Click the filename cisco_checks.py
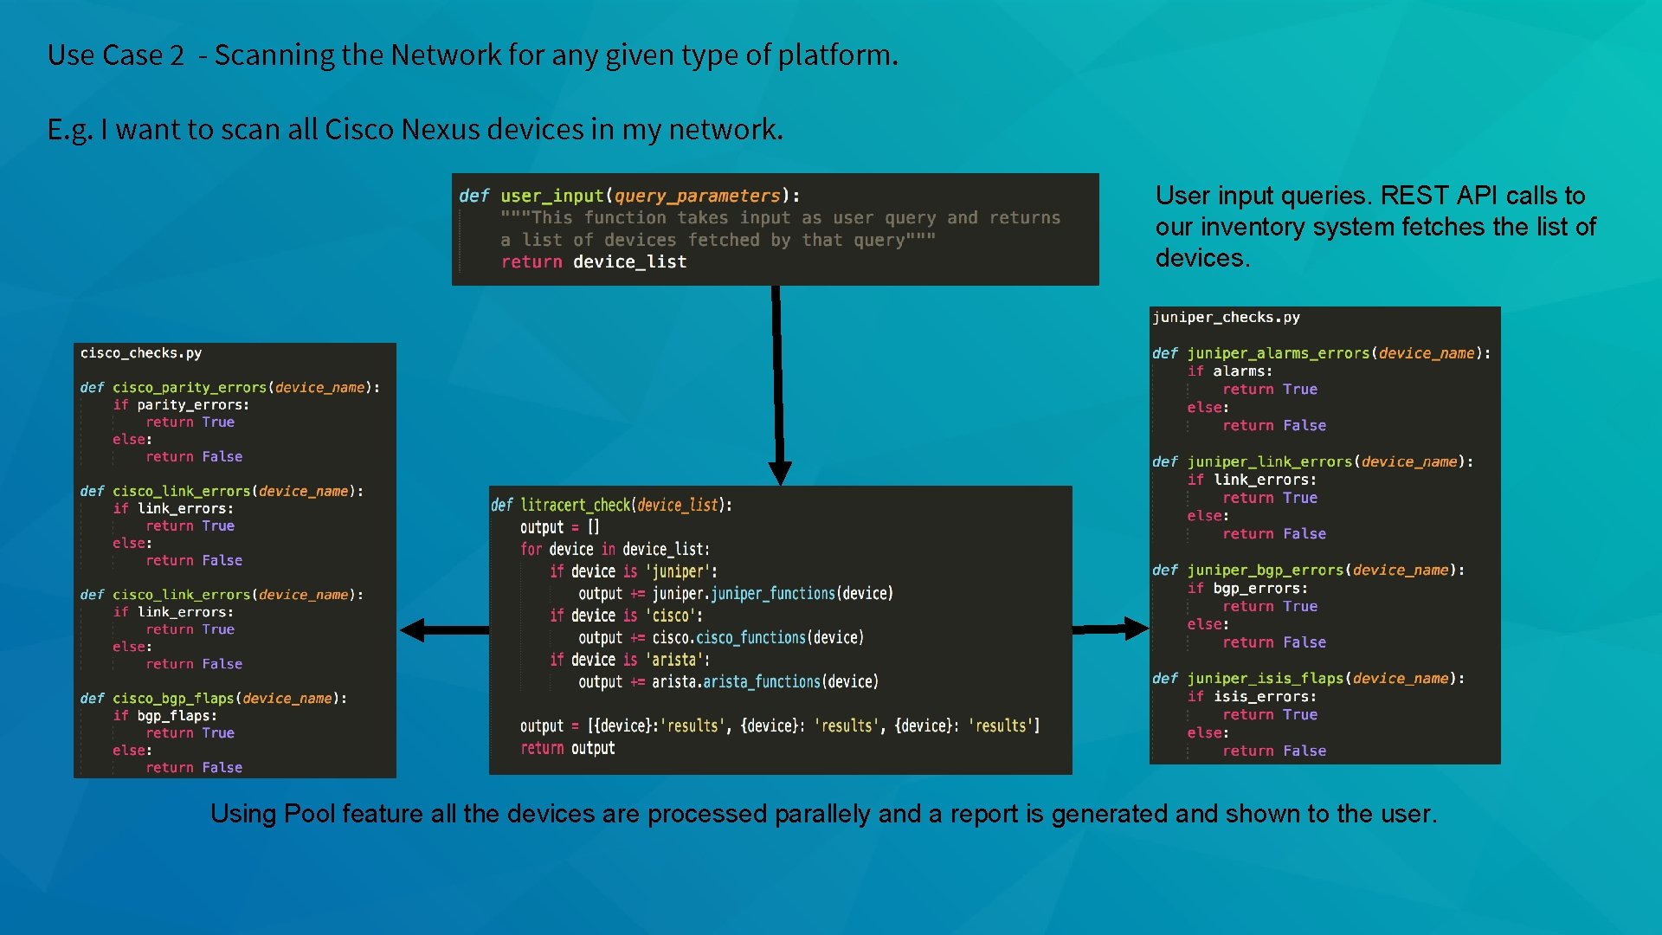coord(140,353)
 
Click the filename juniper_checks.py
coord(1226,318)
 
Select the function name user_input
coord(551,196)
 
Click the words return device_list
coord(594,261)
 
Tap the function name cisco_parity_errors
coord(190,388)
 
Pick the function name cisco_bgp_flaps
coord(173,699)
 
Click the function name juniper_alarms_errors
coord(1279,353)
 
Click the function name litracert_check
coord(575,505)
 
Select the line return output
coord(567,748)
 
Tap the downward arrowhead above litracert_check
coord(780,473)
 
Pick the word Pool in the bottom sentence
coord(309,814)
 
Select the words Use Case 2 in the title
coord(115,55)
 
